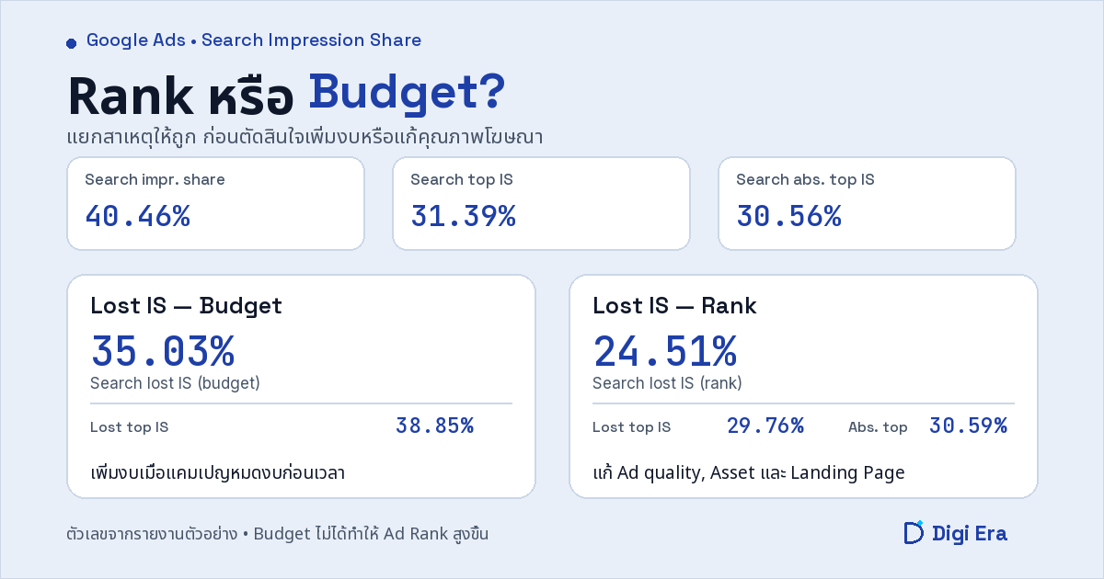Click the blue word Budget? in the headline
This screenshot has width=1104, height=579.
[x=407, y=93]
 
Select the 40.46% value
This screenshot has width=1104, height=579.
[x=138, y=216]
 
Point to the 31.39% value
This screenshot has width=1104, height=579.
[x=464, y=216]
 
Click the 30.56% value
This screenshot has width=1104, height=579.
[x=789, y=216]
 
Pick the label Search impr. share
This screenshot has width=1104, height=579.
[x=155, y=180]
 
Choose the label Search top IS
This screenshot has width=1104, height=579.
[x=462, y=180]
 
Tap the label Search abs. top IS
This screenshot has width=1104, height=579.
[x=805, y=180]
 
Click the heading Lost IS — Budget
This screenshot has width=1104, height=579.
[x=186, y=306]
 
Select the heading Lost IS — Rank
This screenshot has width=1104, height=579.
[x=674, y=306]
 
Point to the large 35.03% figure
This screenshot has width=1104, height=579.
[x=163, y=351]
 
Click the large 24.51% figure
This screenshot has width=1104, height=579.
[x=665, y=351]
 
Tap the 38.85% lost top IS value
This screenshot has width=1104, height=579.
[x=434, y=426]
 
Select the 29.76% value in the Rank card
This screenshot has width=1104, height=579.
[x=765, y=426]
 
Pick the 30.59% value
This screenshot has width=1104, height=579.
[x=968, y=426]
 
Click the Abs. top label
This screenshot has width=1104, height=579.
[x=878, y=426]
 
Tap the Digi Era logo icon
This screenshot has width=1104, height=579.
[x=914, y=533]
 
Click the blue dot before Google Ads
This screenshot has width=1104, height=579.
[x=72, y=44]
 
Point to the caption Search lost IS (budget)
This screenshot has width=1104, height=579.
[x=175, y=383]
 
